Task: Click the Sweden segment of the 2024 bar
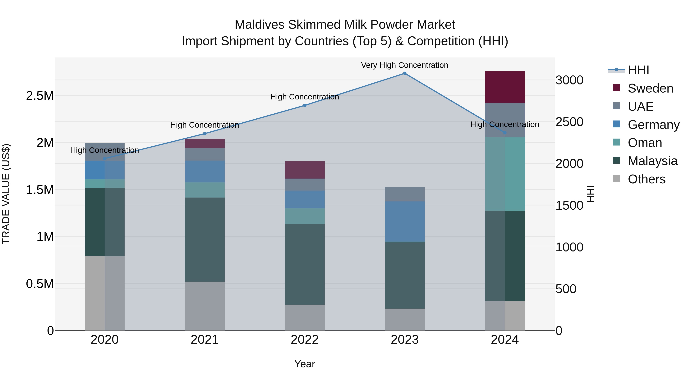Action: point(505,87)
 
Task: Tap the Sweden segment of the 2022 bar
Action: point(305,170)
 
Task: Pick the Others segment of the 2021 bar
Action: point(205,306)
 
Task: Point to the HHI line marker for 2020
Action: point(104,158)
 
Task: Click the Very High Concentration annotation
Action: point(404,65)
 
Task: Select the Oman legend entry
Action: point(645,143)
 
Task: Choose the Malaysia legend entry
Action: point(652,161)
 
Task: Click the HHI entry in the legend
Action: point(638,70)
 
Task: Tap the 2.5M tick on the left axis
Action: point(40,96)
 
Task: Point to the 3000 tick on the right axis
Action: point(569,80)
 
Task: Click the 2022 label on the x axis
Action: point(305,340)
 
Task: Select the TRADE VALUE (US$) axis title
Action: point(6,194)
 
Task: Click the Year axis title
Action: point(305,364)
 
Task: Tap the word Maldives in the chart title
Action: point(259,25)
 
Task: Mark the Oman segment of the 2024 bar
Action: point(505,174)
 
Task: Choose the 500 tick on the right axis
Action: point(566,289)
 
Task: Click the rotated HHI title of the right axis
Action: point(590,194)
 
